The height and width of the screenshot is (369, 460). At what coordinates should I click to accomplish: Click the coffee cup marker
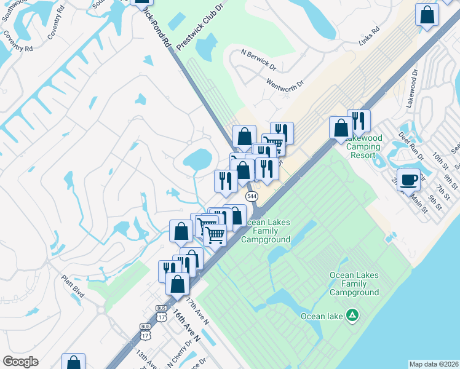408,180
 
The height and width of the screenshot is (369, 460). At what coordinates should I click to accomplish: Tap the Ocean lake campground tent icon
352,316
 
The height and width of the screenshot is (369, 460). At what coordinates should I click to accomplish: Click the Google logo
20,362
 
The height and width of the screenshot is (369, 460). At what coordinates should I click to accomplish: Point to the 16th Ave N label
186,326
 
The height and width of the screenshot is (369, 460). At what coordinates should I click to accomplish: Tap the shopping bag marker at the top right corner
427,15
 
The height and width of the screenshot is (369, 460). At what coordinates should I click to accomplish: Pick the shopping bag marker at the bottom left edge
73,363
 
